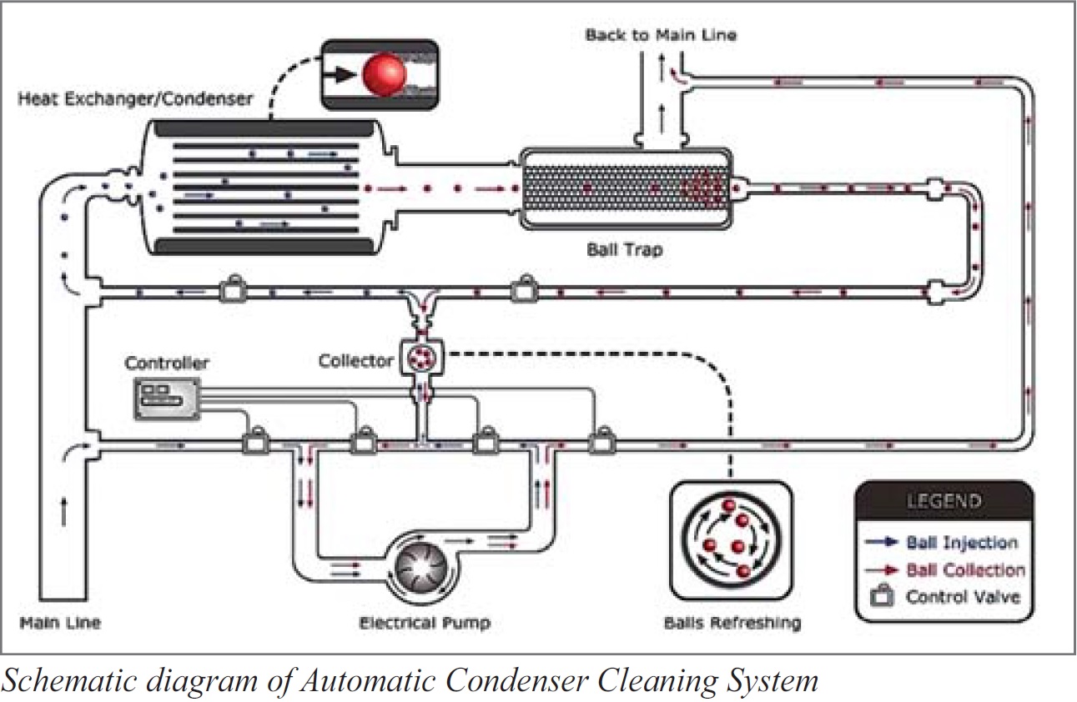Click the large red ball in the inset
tap(385, 74)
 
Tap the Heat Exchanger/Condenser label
tap(135, 98)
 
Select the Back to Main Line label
tap(661, 35)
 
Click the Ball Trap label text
tap(624, 248)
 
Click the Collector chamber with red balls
tap(420, 359)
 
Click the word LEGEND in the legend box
tap(944, 502)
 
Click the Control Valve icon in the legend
tap(881, 597)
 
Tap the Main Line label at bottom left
tap(60, 623)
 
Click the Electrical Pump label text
tap(424, 623)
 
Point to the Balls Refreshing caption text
tap(732, 623)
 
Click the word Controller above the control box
tap(167, 364)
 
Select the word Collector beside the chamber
tap(355, 361)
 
